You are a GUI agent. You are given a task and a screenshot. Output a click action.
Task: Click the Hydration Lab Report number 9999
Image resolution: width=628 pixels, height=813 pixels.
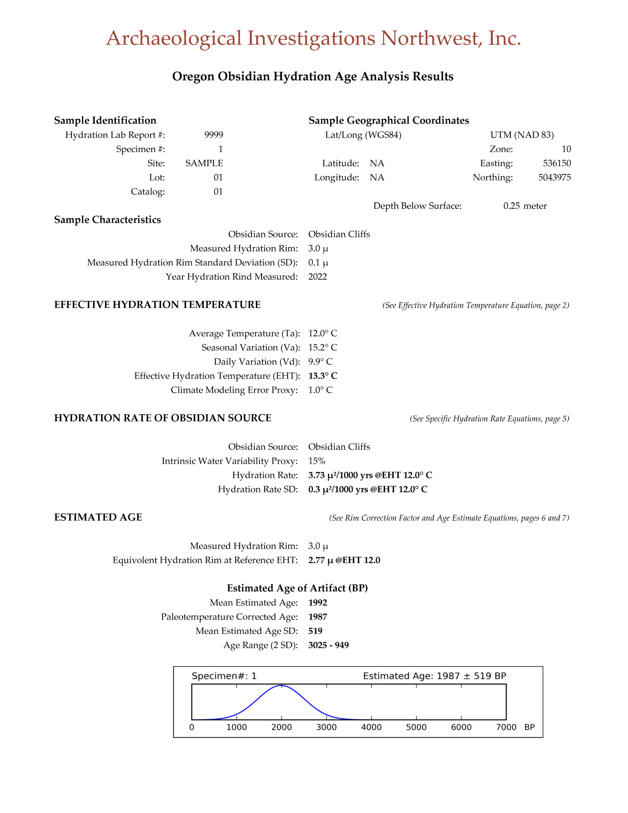coord(213,135)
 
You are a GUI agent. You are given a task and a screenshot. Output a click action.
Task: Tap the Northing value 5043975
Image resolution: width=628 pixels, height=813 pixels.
coord(554,177)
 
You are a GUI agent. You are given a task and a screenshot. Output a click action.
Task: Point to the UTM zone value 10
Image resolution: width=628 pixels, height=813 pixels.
coord(566,149)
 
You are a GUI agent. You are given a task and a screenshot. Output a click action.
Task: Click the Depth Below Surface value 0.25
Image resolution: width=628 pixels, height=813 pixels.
coord(511,206)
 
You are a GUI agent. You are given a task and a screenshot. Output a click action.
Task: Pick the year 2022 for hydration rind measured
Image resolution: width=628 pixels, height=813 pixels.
coord(317,277)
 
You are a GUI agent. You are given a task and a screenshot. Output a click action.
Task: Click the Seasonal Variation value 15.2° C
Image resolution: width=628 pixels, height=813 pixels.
coord(322,347)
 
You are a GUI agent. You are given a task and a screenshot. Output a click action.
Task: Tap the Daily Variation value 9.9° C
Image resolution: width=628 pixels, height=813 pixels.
coord(320,361)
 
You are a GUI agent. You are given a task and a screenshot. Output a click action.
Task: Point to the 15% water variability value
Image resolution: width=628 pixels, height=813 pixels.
coord(317,461)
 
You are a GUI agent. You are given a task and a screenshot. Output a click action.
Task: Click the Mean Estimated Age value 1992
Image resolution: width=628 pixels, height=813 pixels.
coord(317,602)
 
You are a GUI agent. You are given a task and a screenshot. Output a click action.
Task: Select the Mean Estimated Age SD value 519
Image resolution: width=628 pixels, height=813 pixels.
coord(315,631)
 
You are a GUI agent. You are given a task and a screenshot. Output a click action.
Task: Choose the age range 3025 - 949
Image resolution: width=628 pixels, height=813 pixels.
coord(328,645)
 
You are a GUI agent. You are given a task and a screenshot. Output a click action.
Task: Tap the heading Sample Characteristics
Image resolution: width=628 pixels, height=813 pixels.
coord(107,220)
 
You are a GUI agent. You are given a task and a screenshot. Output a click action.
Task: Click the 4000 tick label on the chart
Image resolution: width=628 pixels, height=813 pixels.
coord(371,727)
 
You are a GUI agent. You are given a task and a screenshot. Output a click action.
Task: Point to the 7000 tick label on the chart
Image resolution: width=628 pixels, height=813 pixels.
coord(506,727)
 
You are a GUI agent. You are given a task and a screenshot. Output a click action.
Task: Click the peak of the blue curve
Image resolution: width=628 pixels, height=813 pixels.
coord(281,685)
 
